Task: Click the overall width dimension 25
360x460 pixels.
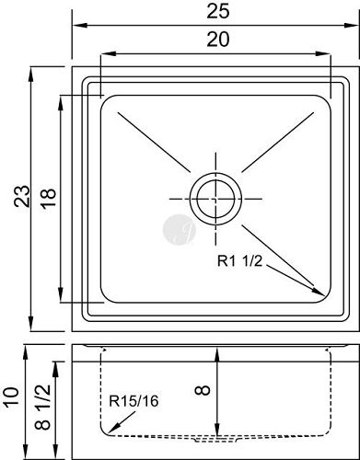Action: (218, 12)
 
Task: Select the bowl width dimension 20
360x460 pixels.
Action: (218, 40)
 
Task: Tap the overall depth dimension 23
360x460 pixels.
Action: (22, 196)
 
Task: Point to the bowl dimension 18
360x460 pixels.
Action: (49, 198)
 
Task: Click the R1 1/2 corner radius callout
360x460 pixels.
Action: (240, 261)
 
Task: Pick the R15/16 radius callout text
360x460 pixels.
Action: (134, 401)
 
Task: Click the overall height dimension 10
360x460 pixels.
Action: (12, 397)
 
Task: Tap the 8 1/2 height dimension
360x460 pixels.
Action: (42, 408)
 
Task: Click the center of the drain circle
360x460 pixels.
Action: (215, 199)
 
